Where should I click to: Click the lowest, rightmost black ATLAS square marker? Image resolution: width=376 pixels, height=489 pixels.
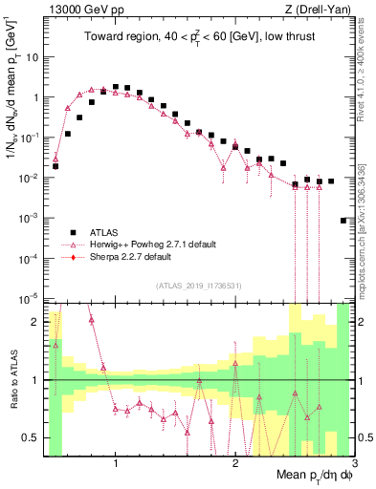[x=343, y=221]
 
